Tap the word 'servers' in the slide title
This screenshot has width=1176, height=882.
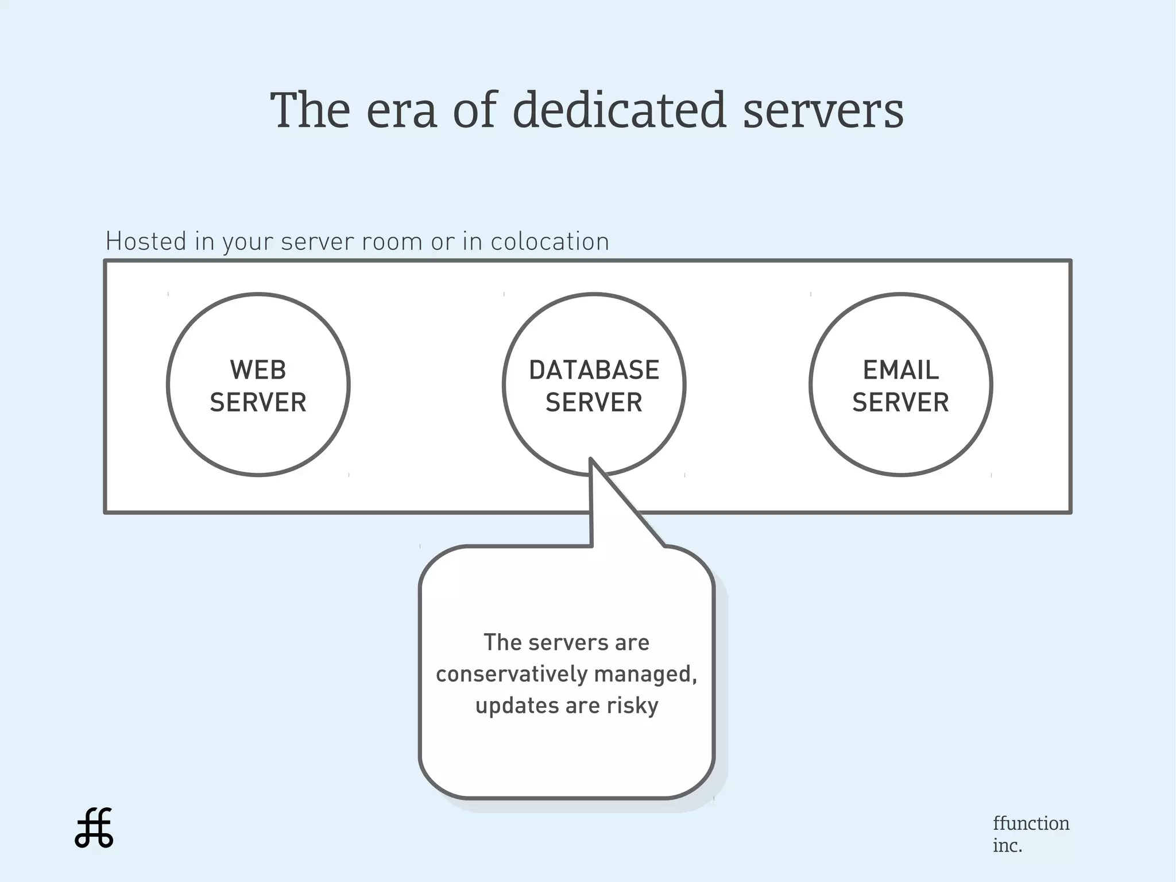click(823, 111)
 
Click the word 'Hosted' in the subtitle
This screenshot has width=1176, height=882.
click(146, 241)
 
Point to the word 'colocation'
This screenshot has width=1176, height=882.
click(550, 242)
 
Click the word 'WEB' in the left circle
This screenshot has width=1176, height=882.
click(258, 370)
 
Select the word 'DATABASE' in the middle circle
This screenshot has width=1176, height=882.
click(594, 370)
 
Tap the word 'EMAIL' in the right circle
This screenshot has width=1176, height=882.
click(900, 370)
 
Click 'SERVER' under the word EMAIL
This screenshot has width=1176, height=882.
click(900, 402)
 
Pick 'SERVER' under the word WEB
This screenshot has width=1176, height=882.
click(258, 402)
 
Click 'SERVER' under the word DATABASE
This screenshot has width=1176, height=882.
click(594, 402)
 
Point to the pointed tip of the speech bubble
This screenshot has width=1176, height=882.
click(591, 460)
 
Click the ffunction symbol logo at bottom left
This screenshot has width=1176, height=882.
click(94, 828)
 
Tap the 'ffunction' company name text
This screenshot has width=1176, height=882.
click(1031, 823)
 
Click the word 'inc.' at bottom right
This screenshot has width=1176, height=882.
click(1007, 846)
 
